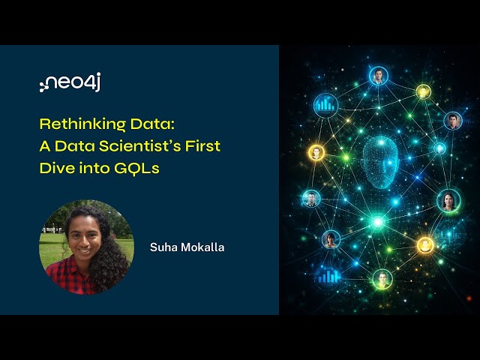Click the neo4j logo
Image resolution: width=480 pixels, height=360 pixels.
(x=70, y=84)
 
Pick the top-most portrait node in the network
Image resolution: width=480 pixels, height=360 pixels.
(x=378, y=76)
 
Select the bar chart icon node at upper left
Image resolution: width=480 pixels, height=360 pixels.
(x=325, y=105)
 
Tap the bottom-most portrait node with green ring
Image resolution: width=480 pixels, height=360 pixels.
(x=382, y=279)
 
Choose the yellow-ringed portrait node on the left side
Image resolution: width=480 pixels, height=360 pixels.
(x=316, y=153)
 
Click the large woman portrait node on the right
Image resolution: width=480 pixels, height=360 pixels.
(x=448, y=200)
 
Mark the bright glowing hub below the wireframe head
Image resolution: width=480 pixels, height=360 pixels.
(x=379, y=222)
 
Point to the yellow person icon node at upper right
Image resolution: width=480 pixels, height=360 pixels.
(x=424, y=91)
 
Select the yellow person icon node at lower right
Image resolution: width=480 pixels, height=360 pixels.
(x=425, y=245)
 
